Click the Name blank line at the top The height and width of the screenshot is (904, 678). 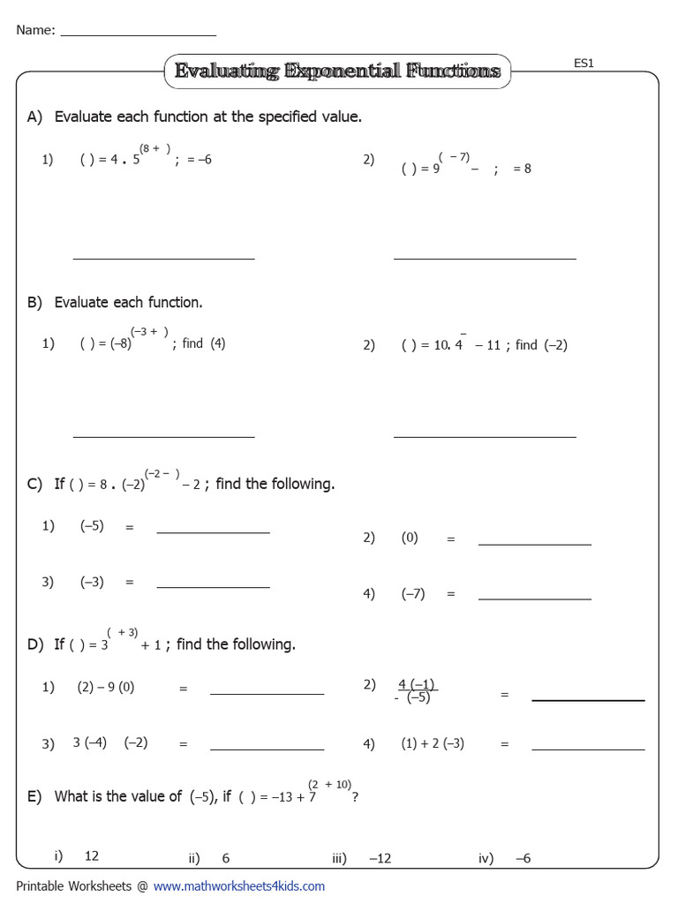(139, 34)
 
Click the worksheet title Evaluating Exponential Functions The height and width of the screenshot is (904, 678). (337, 71)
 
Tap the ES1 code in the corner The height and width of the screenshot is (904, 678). (584, 64)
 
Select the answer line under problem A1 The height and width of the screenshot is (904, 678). (163, 258)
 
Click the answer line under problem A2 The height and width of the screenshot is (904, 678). (485, 258)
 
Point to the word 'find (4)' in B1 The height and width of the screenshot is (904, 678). (204, 343)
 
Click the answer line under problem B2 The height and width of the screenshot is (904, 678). (485, 436)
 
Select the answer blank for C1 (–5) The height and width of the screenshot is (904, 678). (213, 532)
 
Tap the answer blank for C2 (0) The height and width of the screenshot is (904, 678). (534, 544)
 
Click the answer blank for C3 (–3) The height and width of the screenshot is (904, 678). (213, 587)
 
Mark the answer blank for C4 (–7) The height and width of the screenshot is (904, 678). (534, 599)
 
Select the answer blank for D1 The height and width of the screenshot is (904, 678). (267, 694)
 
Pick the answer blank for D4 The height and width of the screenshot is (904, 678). (588, 749)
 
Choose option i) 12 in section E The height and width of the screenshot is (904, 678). (91, 856)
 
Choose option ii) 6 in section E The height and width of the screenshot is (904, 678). (225, 858)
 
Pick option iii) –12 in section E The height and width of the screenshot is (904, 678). (380, 858)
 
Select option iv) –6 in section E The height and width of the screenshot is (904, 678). (524, 858)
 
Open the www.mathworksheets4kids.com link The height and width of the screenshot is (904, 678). (239, 885)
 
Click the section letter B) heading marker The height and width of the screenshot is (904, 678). (34, 303)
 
